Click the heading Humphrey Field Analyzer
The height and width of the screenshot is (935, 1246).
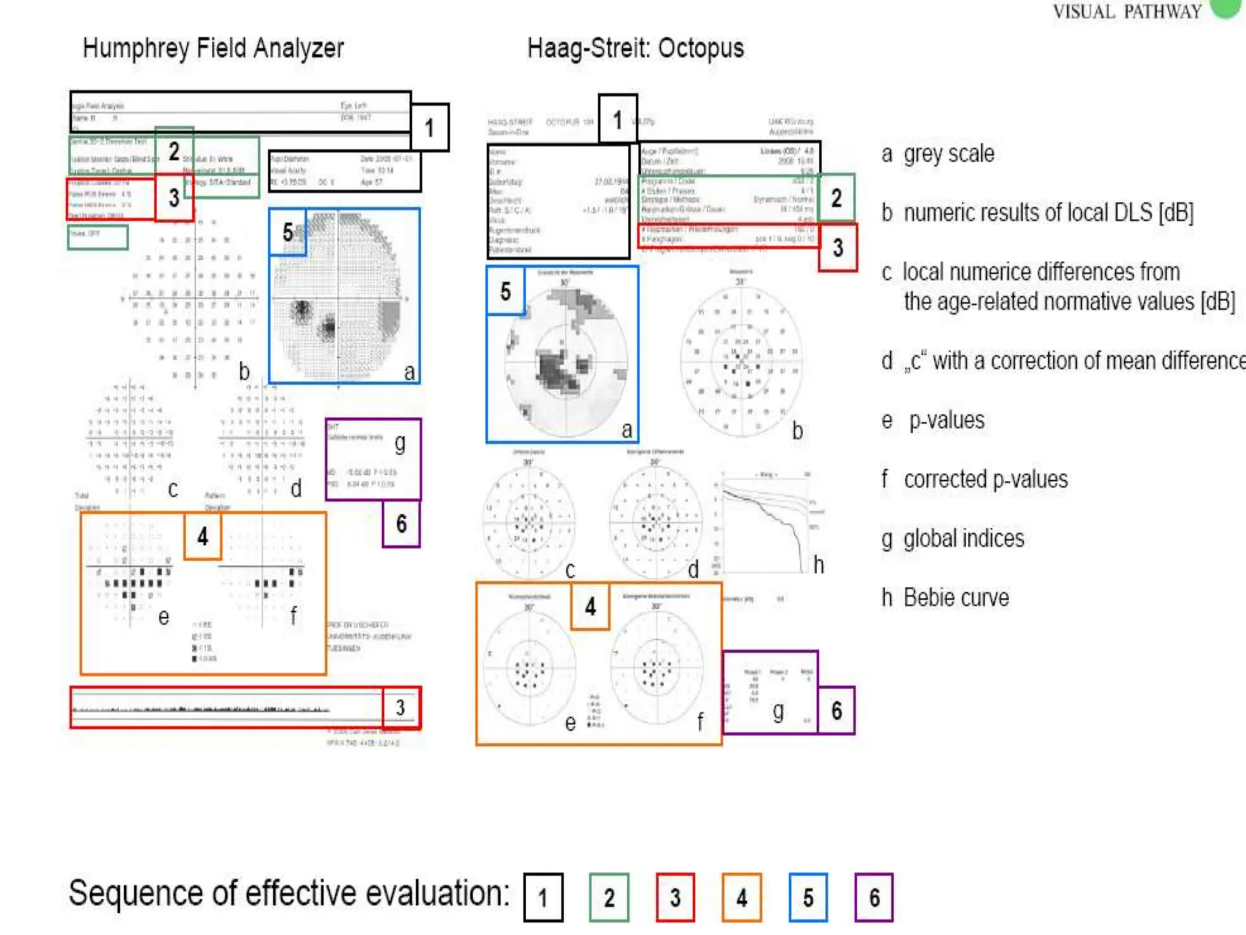[213, 48]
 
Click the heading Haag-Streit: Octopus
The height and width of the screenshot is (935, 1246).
[635, 48]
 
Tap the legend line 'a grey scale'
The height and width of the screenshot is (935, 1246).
[938, 154]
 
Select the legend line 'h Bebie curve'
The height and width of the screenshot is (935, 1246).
[945, 598]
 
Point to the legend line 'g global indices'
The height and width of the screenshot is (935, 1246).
[953, 539]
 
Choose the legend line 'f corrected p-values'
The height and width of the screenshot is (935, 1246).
[975, 480]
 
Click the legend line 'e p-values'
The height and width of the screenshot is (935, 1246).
[933, 421]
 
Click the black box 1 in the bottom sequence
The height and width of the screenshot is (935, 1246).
[543, 897]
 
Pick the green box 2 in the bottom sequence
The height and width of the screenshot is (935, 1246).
[609, 897]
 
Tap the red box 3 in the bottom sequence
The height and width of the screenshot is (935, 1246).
[675, 897]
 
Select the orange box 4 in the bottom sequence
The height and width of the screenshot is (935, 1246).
[742, 897]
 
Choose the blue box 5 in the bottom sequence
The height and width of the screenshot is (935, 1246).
[808, 897]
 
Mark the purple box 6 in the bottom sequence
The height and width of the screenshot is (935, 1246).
[874, 897]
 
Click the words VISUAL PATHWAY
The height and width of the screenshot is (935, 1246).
[1127, 12]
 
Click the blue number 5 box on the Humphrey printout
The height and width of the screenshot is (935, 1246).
[288, 232]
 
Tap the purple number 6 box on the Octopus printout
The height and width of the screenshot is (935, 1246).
[837, 710]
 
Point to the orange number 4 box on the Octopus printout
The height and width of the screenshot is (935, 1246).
[590, 606]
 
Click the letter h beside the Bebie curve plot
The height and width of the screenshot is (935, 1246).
[819, 566]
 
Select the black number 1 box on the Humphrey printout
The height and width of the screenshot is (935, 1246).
[430, 127]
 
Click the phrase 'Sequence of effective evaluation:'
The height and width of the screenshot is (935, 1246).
[289, 894]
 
